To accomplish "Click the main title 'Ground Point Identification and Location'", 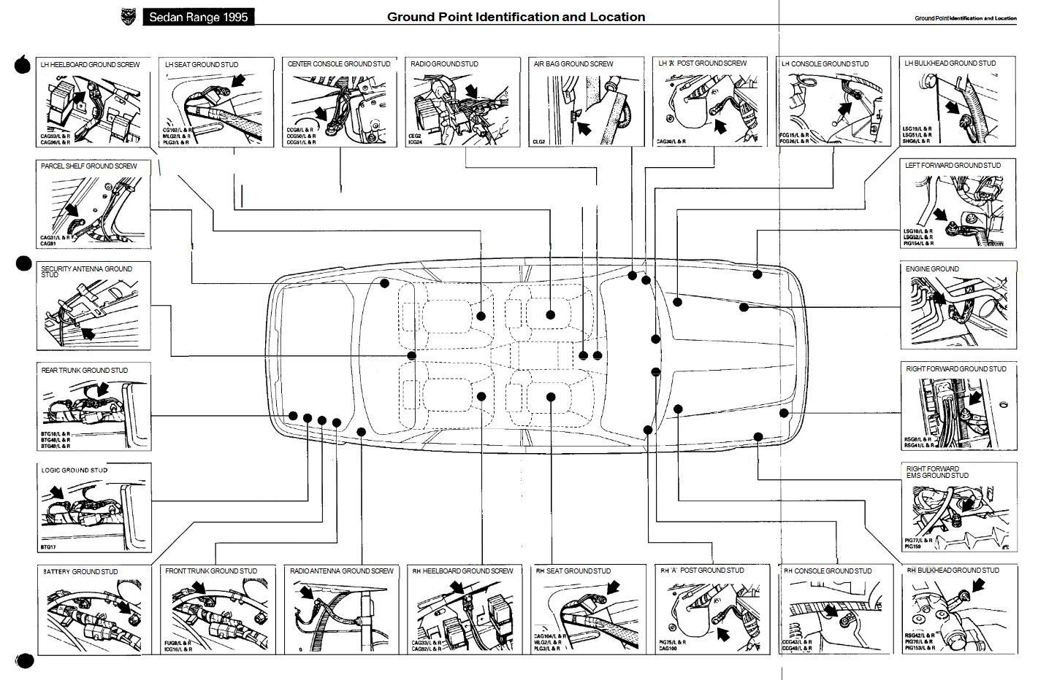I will [516, 17].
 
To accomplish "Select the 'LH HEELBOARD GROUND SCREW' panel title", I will [90, 65].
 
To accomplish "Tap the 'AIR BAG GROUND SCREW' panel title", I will [573, 64].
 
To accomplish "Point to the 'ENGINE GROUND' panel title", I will [932, 269].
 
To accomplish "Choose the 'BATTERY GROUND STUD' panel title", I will [80, 572].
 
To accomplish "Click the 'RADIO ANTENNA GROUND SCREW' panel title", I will [342, 571].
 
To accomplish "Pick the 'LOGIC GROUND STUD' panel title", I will [74, 471].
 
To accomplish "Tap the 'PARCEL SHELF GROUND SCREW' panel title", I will [89, 166].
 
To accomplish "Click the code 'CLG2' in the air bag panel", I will [539, 142].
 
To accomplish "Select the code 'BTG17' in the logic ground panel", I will [48, 547].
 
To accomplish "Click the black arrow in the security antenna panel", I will [87, 333].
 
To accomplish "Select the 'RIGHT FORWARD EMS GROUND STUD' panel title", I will [937, 473].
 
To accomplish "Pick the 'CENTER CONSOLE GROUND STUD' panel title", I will [339, 64].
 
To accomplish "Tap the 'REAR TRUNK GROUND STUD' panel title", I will [84, 371].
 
